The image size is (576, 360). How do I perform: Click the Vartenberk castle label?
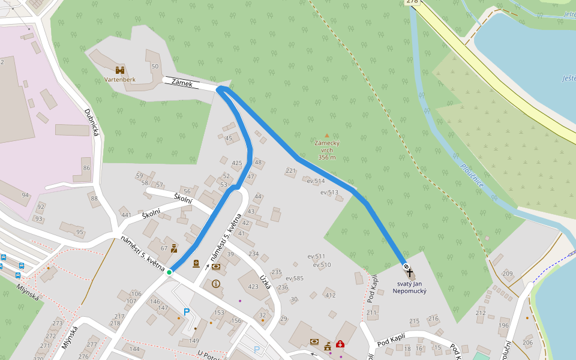pos(120,79)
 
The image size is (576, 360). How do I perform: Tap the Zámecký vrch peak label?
pos(327,147)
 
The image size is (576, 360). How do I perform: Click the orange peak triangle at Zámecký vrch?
pos(326,136)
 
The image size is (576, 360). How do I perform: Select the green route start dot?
pos(169,272)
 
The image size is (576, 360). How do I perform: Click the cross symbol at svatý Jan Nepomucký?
pos(409,272)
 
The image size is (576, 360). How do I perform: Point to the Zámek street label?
pos(182,83)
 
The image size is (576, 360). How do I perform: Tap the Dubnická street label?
pos(91,122)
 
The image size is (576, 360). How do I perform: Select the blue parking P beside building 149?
pos(187,311)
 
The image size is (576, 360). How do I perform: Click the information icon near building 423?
pos(216,284)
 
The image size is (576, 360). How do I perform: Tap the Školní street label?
pos(182,198)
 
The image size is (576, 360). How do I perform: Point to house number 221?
pos(291,171)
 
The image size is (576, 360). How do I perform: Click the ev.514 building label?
pos(316,181)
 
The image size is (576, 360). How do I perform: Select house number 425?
pos(237,163)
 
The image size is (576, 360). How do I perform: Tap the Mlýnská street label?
pos(70,338)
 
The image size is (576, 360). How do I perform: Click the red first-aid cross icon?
pos(340,344)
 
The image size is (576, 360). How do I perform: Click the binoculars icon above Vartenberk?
pos(119,70)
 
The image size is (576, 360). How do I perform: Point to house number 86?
pos(87,168)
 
